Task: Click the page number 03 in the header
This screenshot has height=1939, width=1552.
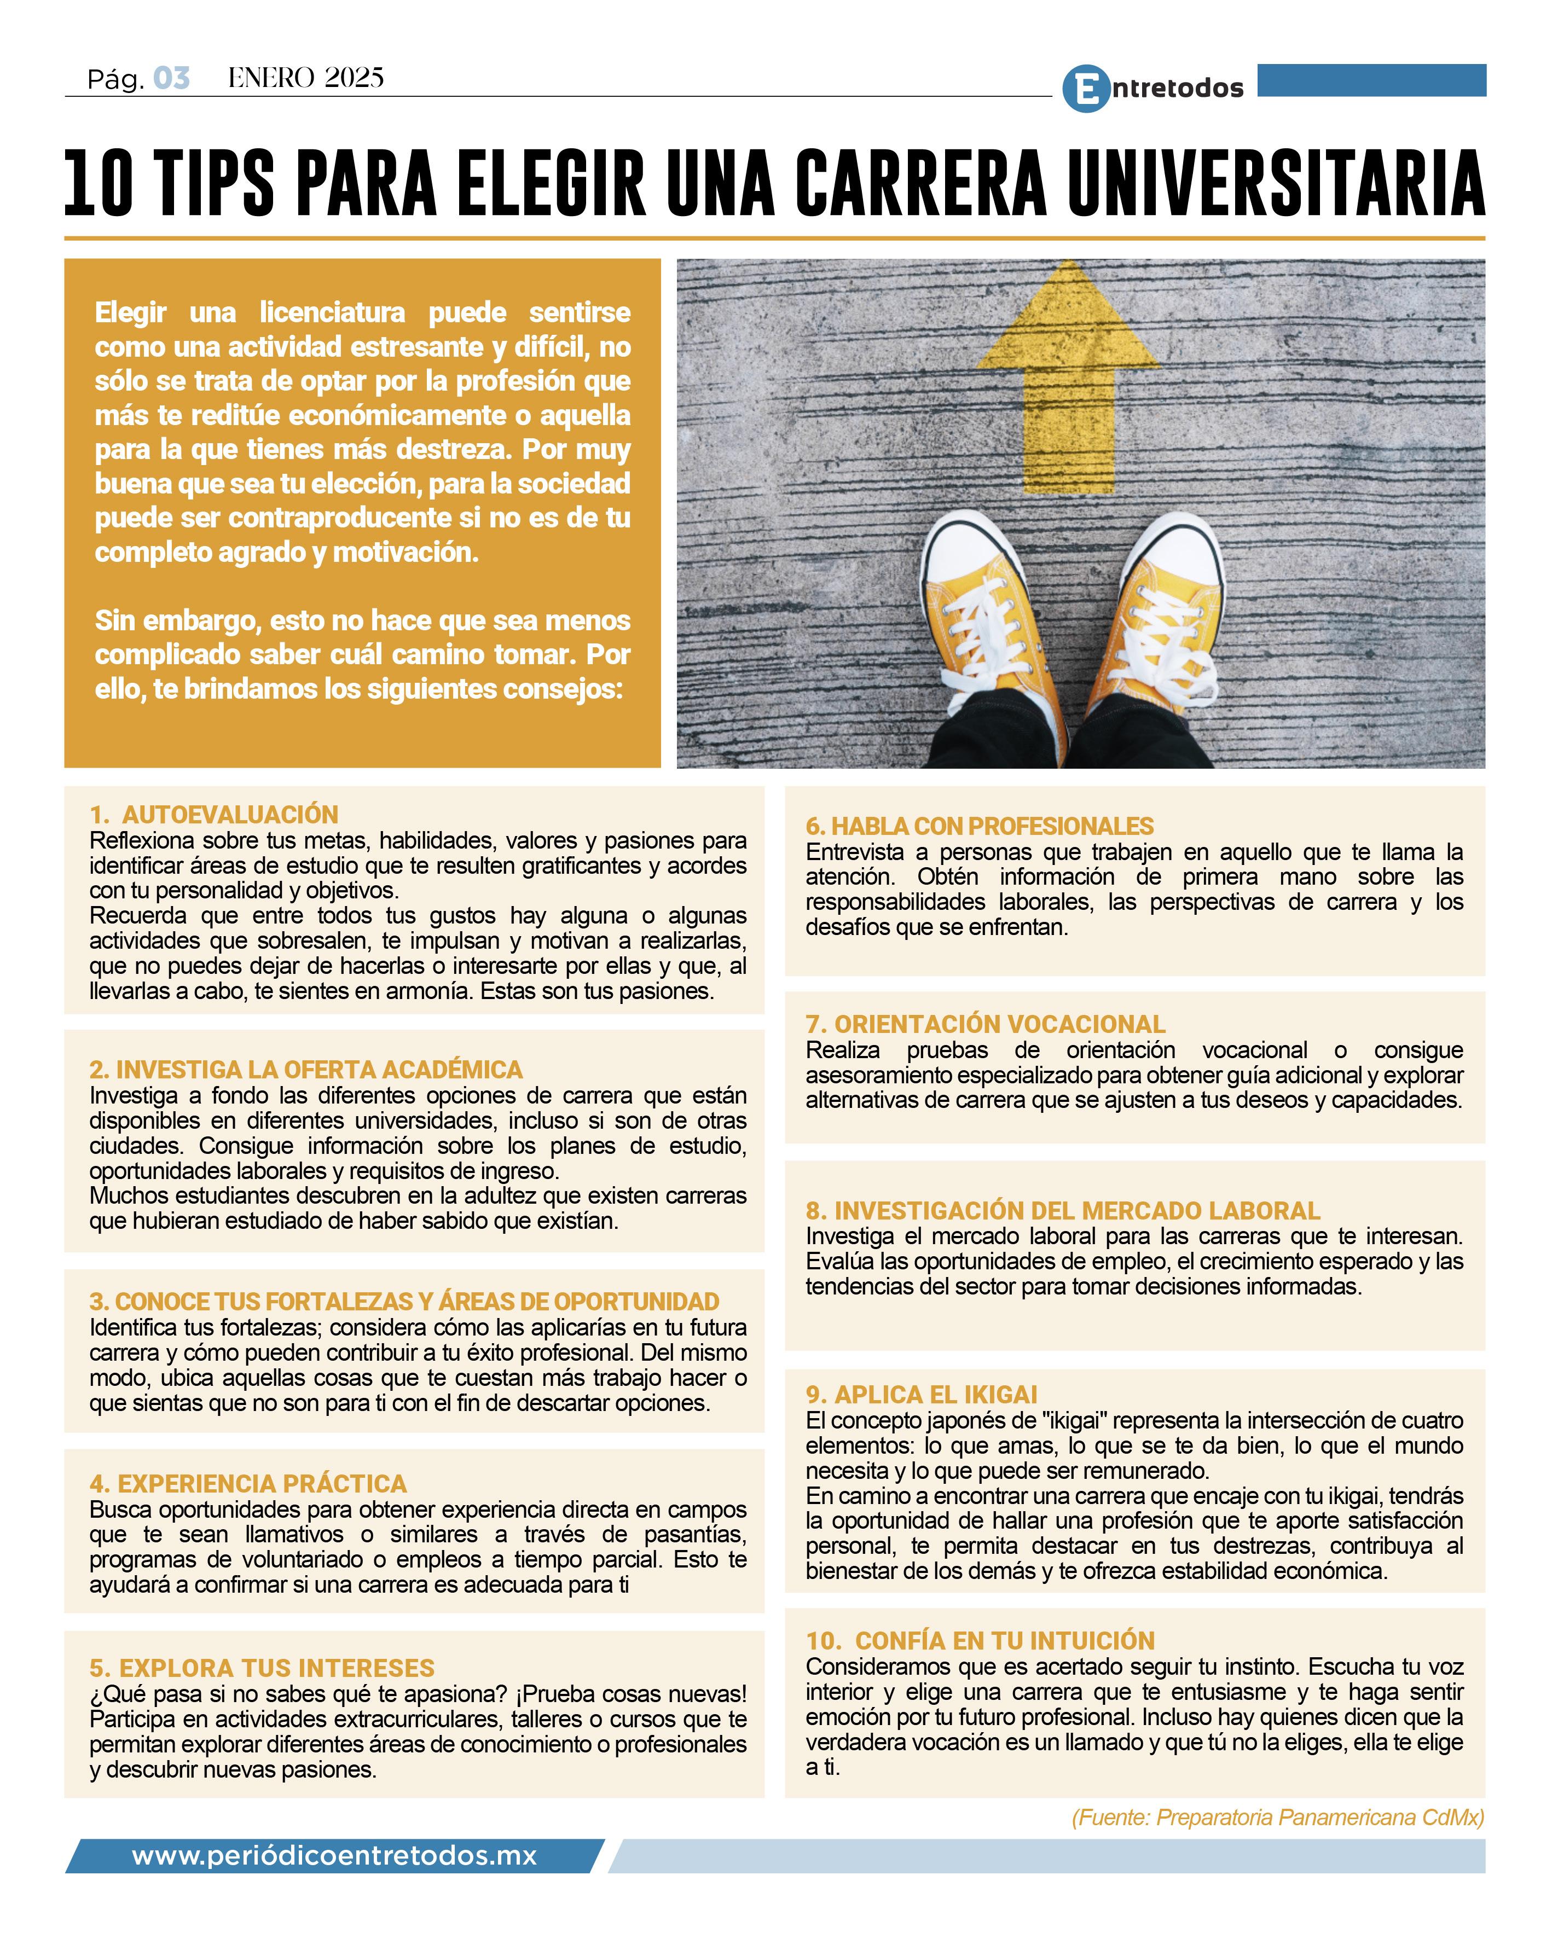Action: click(x=171, y=79)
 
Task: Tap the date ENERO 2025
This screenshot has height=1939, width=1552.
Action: click(x=306, y=78)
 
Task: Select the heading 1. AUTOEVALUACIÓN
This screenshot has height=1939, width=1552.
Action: click(x=214, y=815)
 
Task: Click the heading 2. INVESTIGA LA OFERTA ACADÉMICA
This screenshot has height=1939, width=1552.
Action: click(x=306, y=1069)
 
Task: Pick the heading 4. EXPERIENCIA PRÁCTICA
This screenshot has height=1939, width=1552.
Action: click(x=248, y=1483)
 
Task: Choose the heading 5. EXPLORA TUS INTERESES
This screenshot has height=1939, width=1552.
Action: click(x=262, y=1668)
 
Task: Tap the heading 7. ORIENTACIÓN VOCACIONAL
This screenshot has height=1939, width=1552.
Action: click(x=985, y=1024)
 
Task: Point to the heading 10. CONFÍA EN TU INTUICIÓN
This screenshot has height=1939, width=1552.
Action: click(x=980, y=1640)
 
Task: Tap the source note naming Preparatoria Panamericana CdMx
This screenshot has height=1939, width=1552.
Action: click(x=1278, y=1818)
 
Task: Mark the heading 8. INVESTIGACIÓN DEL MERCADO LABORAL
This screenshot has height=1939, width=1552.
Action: click(x=1063, y=1211)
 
